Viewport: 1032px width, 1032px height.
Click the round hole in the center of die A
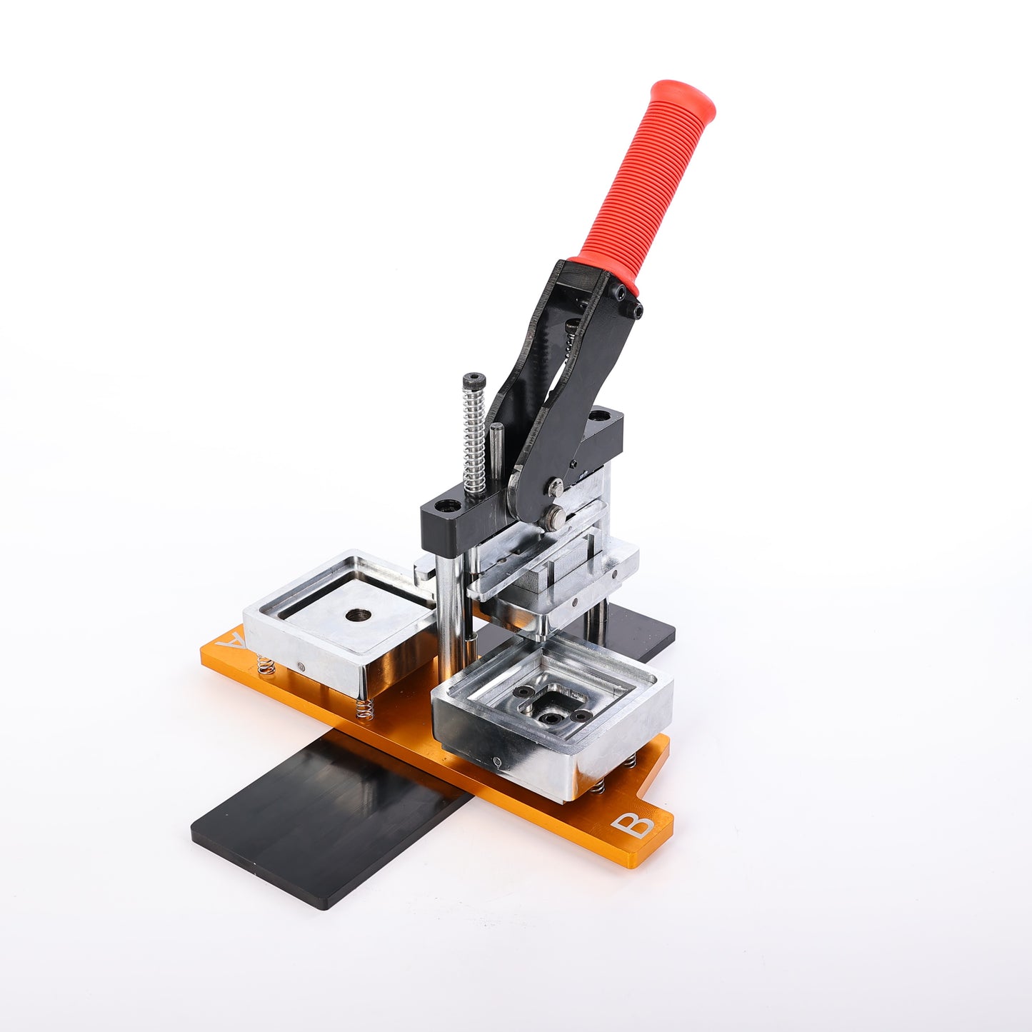pos(359,616)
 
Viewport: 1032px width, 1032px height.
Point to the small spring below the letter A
pos(266,665)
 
